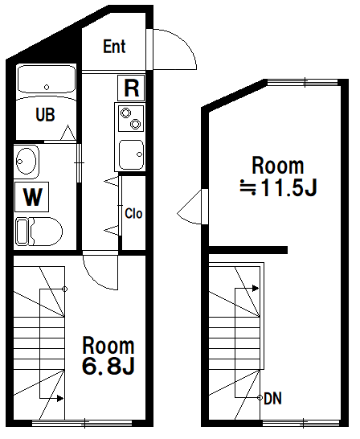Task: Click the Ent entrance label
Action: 115,47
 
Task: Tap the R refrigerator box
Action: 131,86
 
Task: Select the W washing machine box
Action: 31,196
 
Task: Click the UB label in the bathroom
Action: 45,115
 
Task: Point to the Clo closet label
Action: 133,214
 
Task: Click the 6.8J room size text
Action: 108,367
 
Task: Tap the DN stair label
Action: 272,398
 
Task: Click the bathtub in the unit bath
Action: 47,81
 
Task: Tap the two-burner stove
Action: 131,119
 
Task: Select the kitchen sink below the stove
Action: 131,153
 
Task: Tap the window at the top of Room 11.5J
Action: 306,81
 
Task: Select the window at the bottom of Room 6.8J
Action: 84,422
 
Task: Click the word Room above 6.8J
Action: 108,346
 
